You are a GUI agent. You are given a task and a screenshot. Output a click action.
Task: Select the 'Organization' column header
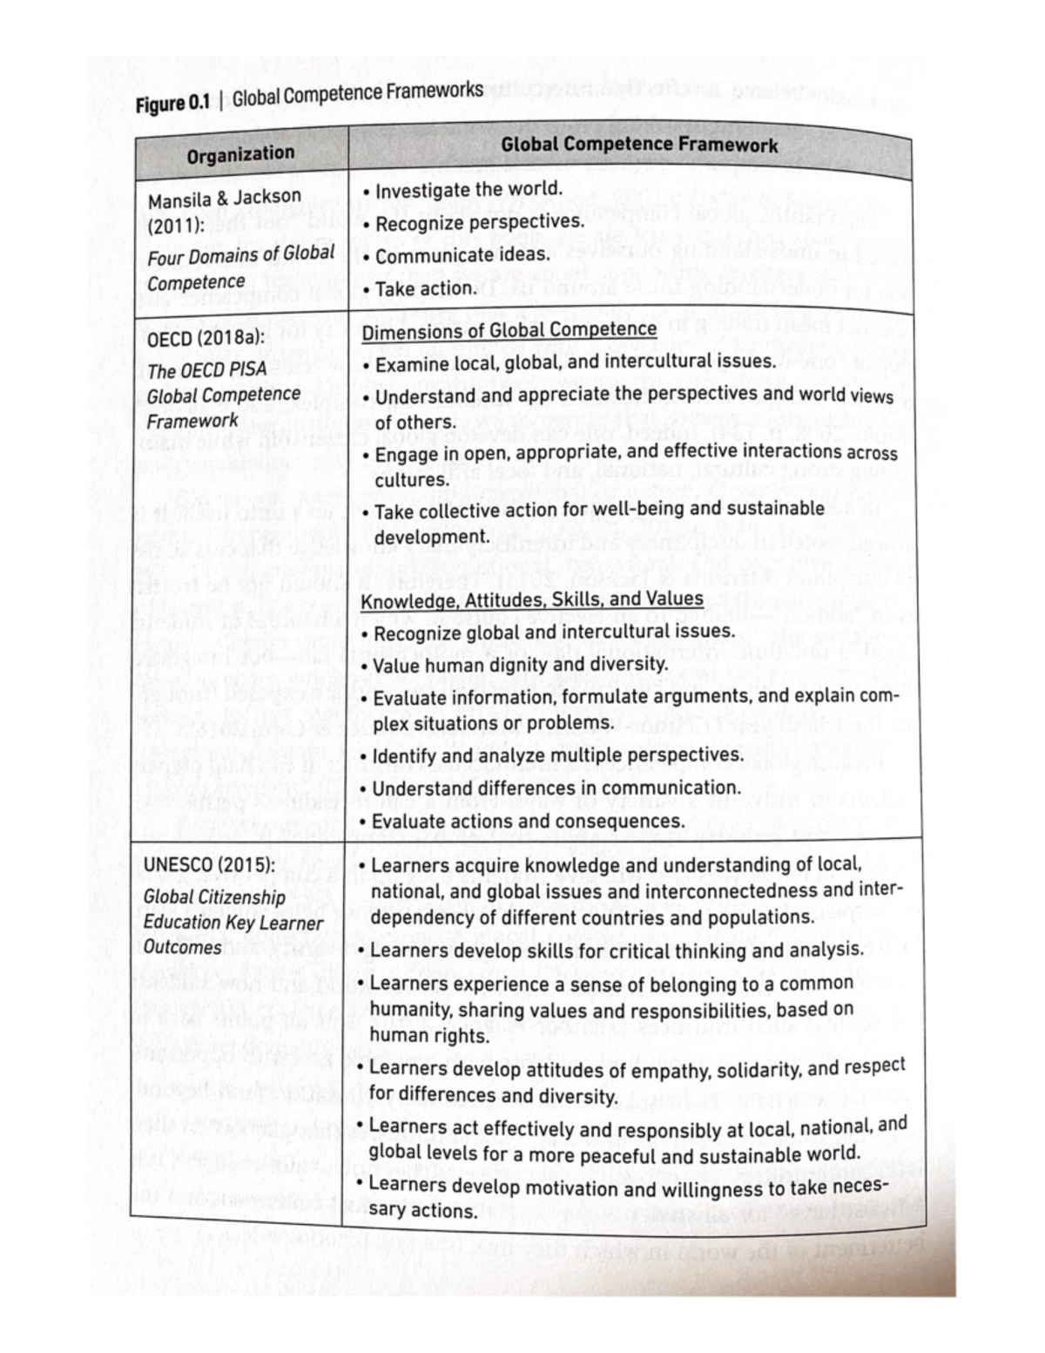[x=240, y=154]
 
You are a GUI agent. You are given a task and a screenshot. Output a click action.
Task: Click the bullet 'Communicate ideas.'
[x=462, y=255]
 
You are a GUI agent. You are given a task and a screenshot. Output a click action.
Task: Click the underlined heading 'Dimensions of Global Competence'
[x=509, y=330]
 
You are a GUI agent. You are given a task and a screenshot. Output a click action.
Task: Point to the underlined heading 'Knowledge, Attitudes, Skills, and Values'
[x=532, y=599]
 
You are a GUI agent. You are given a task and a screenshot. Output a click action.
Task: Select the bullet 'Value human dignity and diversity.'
[x=520, y=666]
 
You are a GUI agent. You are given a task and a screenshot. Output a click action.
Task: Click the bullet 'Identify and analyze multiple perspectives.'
[x=557, y=754]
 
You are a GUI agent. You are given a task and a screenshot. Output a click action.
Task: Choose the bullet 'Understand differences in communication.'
[x=556, y=788]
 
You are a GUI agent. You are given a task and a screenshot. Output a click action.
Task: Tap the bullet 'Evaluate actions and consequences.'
[x=528, y=822]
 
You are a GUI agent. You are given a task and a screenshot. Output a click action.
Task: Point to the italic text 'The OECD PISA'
[x=206, y=369]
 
